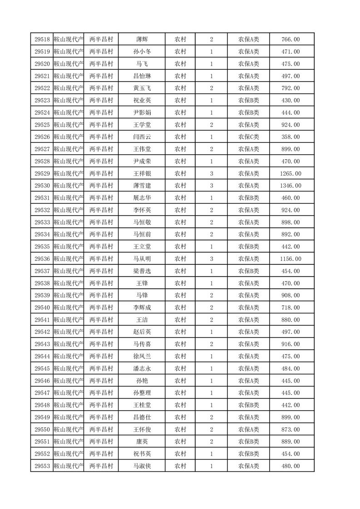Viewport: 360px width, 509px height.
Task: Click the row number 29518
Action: [x=42, y=39]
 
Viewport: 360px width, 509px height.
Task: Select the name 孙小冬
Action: [x=142, y=52]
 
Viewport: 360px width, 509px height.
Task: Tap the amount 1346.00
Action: [x=291, y=186]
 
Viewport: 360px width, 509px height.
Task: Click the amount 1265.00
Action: [x=291, y=173]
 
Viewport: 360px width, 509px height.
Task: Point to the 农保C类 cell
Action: [x=248, y=137]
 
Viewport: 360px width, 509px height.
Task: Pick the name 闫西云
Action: [x=142, y=137]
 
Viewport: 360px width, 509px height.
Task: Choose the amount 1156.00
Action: [x=291, y=259]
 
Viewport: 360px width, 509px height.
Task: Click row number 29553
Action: [x=42, y=466]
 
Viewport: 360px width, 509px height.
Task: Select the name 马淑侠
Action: [x=142, y=466]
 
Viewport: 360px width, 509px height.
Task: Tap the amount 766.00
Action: [x=291, y=39]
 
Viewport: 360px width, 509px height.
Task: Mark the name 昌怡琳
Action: [x=142, y=76]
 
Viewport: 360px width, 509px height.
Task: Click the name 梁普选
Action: [x=142, y=271]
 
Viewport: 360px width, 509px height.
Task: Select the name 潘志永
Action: [x=142, y=368]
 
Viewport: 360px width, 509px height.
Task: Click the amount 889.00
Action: [x=291, y=441]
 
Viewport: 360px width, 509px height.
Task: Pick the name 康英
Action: [x=142, y=441]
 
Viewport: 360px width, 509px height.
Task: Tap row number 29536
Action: [x=42, y=259]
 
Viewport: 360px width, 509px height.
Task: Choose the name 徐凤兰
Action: [x=142, y=356]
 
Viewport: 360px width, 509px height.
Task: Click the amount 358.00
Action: [x=291, y=137]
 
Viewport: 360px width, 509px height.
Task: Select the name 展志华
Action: [x=142, y=198]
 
